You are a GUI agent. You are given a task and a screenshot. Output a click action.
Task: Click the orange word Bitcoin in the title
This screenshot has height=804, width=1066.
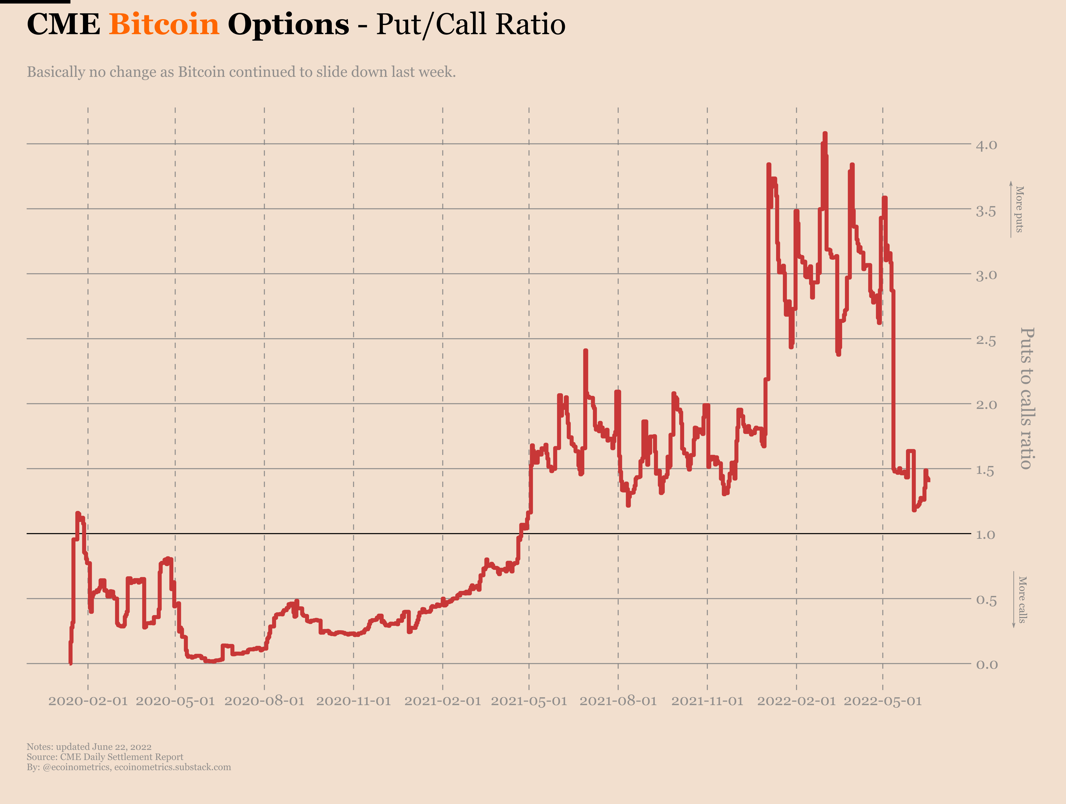pyautogui.click(x=164, y=24)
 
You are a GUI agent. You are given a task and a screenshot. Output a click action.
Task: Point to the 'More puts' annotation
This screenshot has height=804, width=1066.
pyautogui.click(x=1019, y=209)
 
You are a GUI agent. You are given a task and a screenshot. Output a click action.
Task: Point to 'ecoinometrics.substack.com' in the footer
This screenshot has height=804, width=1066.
pyautogui.click(x=172, y=767)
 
